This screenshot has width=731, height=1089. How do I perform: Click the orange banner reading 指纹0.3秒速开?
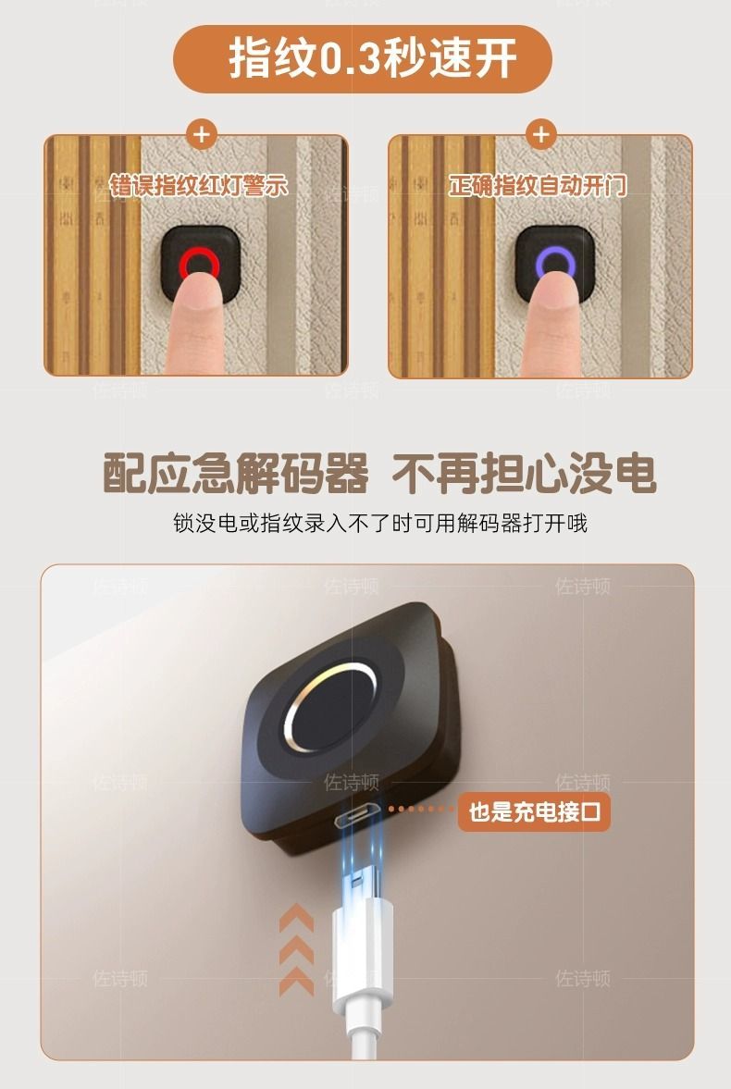362,59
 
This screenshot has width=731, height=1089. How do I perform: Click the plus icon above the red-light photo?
202,134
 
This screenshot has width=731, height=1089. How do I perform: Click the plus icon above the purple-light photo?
541,134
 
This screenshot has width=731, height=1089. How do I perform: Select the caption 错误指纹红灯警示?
198,185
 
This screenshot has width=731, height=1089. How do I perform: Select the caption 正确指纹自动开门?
537,185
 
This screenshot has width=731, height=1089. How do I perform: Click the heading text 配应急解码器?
236,474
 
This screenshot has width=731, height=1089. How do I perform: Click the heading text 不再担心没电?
524,474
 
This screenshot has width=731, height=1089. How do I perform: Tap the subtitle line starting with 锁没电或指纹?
380,522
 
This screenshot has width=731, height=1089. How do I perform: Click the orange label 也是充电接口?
534,811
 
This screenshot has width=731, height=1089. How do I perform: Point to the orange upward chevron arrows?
297,949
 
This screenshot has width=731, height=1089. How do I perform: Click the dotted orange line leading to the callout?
421,809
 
